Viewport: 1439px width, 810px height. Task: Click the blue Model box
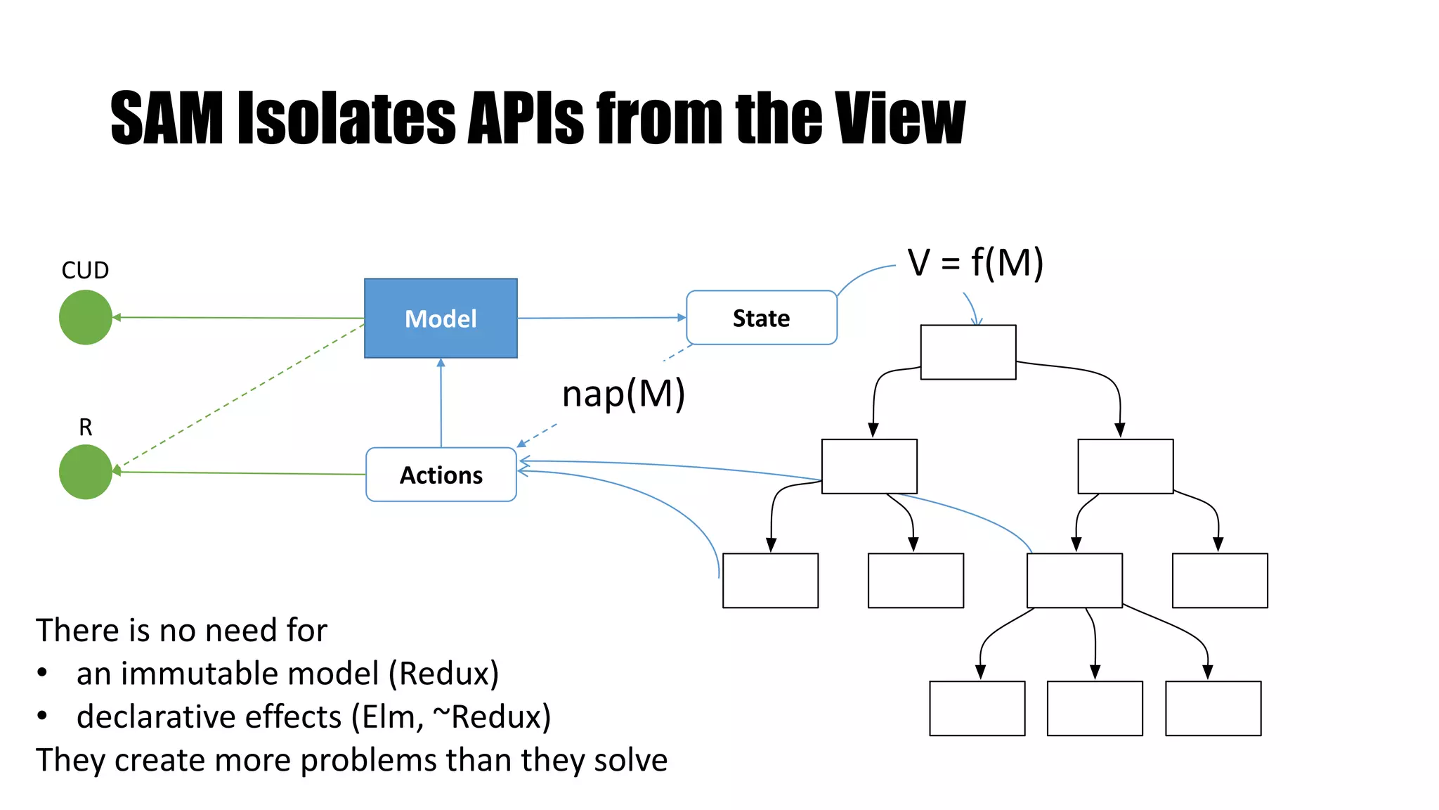pos(441,318)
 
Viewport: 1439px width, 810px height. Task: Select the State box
pos(761,318)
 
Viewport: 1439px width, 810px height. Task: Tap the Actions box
pos(441,475)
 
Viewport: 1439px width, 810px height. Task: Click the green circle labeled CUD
pos(86,318)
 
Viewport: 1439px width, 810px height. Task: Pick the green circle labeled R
pos(86,472)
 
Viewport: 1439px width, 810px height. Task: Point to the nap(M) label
pos(623,394)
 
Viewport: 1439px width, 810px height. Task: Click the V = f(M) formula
pos(975,263)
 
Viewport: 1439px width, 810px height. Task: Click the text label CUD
pos(85,270)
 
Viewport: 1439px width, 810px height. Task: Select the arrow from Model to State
pos(601,318)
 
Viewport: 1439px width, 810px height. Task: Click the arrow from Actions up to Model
pos(441,403)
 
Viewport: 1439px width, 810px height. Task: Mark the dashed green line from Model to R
pos(239,397)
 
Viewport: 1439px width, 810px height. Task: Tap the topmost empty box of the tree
pos(968,352)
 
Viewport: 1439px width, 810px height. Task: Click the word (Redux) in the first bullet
pos(443,674)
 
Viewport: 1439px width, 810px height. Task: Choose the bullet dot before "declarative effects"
pos(42,716)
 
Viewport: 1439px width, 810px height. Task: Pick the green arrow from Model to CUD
pos(239,318)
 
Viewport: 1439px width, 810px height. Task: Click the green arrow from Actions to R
pos(239,473)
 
